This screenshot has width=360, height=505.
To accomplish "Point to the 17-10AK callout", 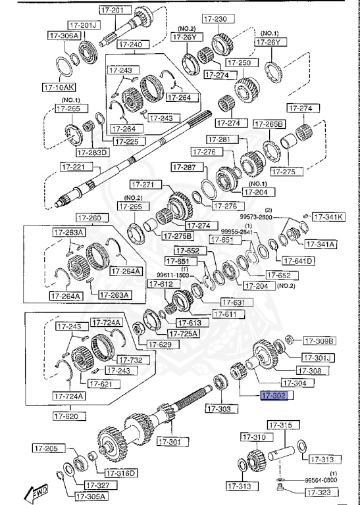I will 59,86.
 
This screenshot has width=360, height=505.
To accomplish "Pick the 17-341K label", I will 327,216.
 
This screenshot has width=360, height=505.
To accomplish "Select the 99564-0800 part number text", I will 322,481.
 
